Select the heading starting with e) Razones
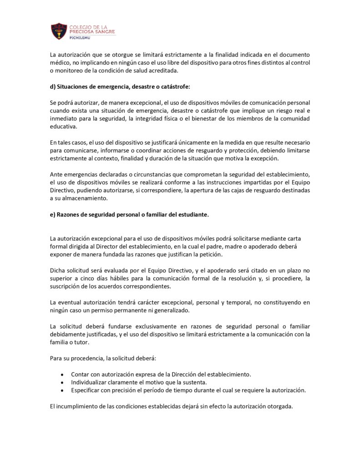click(129, 215)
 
